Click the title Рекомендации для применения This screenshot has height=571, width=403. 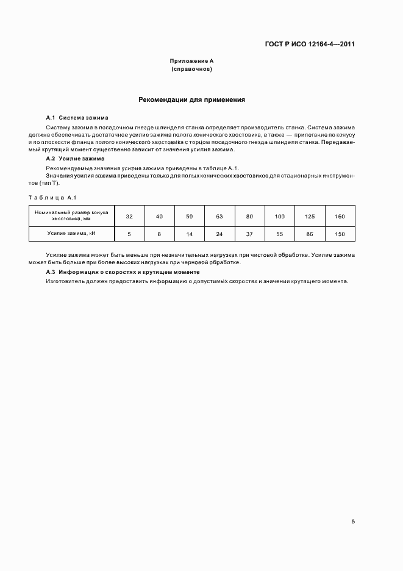pyautogui.click(x=191, y=99)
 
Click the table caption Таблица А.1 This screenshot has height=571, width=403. pyautogui.click(x=52, y=196)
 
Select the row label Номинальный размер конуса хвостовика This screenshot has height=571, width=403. pyautogui.click(x=71, y=215)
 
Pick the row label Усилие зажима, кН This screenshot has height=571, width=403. pyautogui.click(x=71, y=234)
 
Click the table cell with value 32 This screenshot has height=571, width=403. pyautogui.click(x=129, y=216)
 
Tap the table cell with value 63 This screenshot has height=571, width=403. pyautogui.click(x=219, y=216)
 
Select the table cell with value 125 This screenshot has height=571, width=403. pyautogui.click(x=310, y=216)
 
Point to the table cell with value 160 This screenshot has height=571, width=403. pyautogui.click(x=340, y=216)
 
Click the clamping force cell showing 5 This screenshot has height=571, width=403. pyautogui.click(x=129, y=234)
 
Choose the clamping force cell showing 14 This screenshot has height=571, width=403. pyautogui.click(x=189, y=234)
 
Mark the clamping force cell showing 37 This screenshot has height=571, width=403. pyautogui.click(x=249, y=234)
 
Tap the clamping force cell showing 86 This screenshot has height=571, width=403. pyautogui.click(x=310, y=234)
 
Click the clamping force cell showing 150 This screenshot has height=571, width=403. pyautogui.click(x=340, y=234)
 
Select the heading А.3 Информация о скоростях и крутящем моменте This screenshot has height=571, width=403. pyautogui.click(x=123, y=271)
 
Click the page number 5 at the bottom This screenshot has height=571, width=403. pyautogui.click(x=353, y=522)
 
